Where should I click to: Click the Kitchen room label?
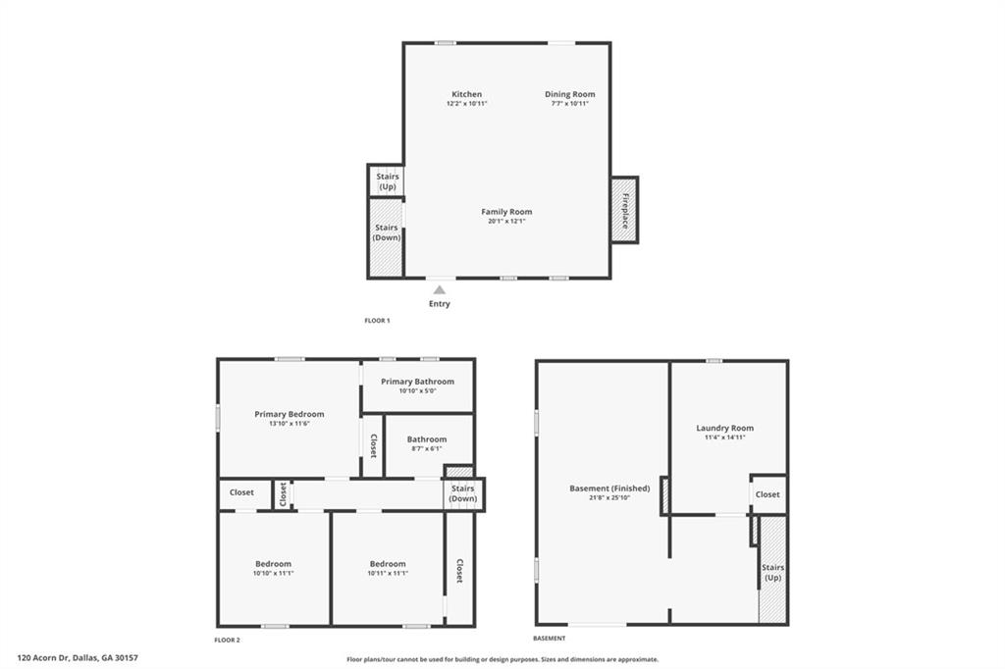466,94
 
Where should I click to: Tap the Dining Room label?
570,94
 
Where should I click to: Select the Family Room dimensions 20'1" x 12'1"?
506,221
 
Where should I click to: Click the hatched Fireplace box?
624,210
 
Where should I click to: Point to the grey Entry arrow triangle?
439,289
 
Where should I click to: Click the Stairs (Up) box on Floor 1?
387,181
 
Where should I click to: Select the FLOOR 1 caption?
377,321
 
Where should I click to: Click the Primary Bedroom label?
289,414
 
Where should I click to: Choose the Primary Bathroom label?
417,382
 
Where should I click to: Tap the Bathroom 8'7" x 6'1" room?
427,444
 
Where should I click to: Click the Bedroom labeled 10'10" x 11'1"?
273,568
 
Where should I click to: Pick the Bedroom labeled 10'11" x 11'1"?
388,568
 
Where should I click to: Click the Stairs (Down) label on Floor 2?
462,493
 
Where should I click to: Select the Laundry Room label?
725,429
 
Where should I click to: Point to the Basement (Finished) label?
609,489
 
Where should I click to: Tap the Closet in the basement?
767,494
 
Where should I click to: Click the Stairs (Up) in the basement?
772,572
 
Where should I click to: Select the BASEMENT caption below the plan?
550,639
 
